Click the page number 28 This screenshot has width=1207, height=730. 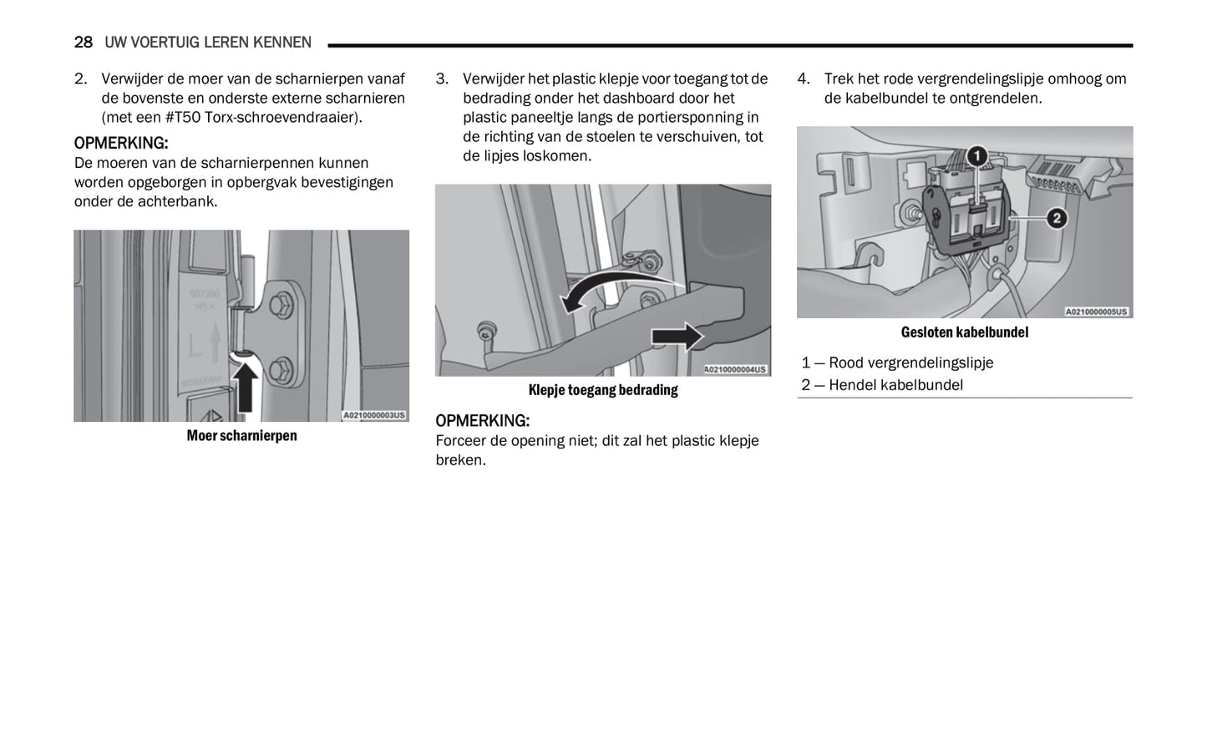pos(83,42)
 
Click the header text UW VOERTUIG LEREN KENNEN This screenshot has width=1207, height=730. pos(208,42)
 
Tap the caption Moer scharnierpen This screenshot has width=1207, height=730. pos(241,435)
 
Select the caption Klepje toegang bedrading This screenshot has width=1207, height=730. pos(603,389)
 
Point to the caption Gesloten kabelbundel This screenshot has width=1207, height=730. pos(965,332)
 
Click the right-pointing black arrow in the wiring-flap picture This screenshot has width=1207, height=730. pos(677,336)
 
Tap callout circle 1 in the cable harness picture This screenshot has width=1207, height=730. pos(976,156)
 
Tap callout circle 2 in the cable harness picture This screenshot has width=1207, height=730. pos(1057,219)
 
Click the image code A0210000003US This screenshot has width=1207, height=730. pos(373,415)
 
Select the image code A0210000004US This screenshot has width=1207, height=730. pos(735,369)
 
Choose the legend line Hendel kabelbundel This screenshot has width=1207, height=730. pos(895,385)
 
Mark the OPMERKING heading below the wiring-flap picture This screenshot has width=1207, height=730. pos(482,420)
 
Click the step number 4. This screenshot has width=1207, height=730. pos(803,79)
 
